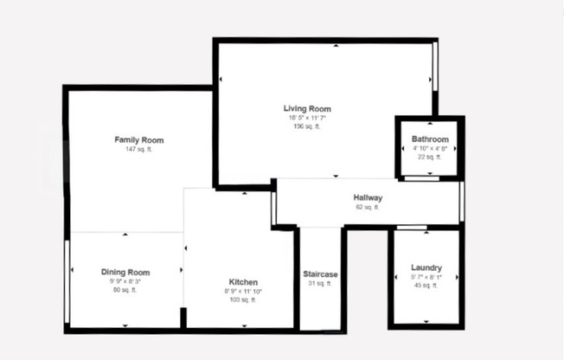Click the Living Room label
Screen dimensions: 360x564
coord(307,109)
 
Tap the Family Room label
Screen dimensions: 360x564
coord(139,140)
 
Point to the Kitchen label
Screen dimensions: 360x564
coord(243,283)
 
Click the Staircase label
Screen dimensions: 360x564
coord(320,275)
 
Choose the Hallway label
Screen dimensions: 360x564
coord(368,198)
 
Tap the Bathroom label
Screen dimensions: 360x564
coord(430,139)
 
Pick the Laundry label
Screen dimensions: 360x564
coord(426,268)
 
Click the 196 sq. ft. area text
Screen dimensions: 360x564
coord(307,126)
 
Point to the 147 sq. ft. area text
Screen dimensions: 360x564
coord(139,150)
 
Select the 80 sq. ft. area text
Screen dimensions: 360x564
coord(125,291)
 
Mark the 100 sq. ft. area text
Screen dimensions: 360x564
coord(243,300)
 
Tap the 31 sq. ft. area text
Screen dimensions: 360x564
coord(320,284)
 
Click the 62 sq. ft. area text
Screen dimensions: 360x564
coord(368,208)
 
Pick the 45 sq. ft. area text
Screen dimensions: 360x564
coord(426,286)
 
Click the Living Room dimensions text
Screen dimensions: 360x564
coord(307,118)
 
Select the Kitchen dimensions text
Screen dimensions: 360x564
coord(243,292)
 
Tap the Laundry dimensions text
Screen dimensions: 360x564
coord(426,277)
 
